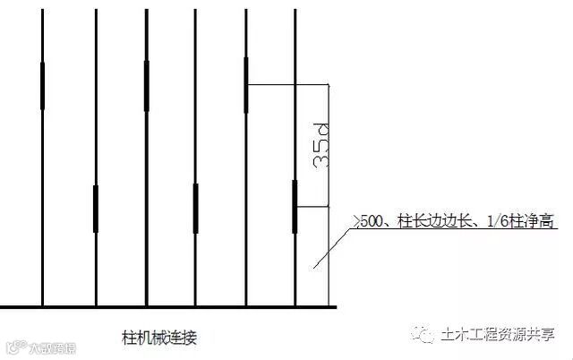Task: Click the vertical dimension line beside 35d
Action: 330,179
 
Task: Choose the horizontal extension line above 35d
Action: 286,85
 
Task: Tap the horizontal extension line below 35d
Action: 313,208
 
